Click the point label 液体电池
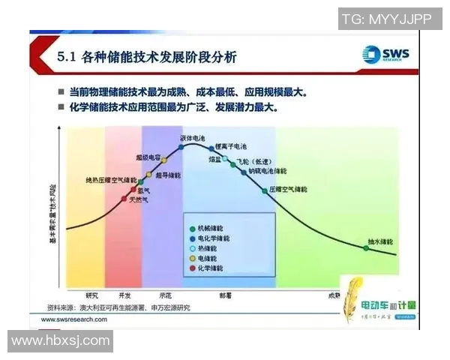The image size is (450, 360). tap(193, 138)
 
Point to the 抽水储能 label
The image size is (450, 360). tap(382, 241)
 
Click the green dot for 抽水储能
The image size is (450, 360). tap(366, 247)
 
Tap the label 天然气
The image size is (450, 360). tap(139, 199)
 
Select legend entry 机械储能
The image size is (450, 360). tap(212, 227)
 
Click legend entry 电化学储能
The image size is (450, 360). tap(214, 237)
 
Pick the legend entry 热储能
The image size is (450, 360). tap(209, 247)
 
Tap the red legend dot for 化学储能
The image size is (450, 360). tap(193, 268)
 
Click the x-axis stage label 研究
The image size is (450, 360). tap(92, 294)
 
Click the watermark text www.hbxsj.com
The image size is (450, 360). tap(61, 341)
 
